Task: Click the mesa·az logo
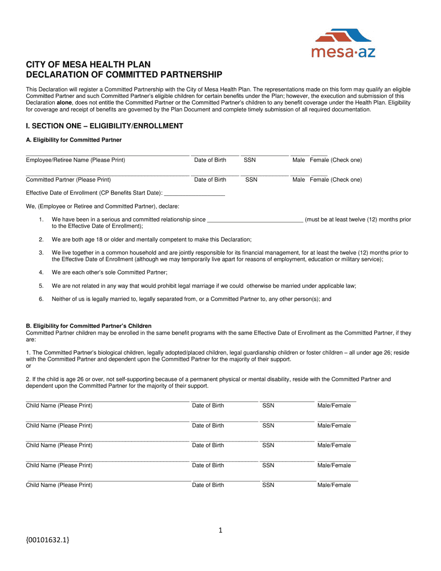343,43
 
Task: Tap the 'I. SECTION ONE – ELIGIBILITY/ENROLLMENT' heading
104,126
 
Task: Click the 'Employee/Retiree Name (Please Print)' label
75,160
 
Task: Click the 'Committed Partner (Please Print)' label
68,180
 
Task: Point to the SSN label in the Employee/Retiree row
250,160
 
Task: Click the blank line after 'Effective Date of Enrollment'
195,194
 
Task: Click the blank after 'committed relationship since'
255,220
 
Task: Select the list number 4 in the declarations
41,273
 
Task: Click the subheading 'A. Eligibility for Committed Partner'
74,140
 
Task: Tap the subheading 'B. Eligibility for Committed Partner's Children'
89,326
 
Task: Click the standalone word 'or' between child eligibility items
29,366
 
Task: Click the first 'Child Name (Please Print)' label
59,406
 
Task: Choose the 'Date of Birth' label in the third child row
208,446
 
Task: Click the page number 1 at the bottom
220,531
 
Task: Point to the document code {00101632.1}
48,540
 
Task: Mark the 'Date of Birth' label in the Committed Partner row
210,180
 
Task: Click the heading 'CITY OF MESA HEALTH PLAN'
88,65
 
